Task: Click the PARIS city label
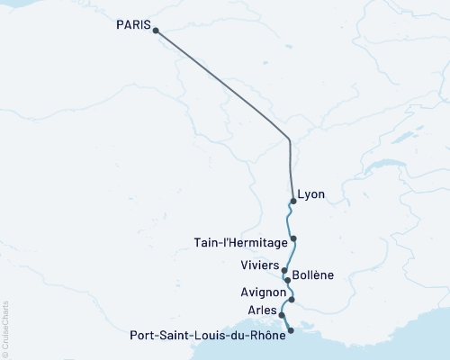click(133, 25)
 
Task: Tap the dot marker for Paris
click(156, 31)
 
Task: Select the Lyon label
click(311, 194)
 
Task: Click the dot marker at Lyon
click(293, 201)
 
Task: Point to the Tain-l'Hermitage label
click(240, 242)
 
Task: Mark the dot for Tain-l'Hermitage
click(293, 238)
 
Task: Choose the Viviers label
click(259, 265)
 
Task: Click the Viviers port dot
click(284, 270)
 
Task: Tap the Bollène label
click(315, 281)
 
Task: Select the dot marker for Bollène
click(287, 280)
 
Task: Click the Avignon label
click(263, 292)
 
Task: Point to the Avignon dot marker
click(292, 299)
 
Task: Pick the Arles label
click(263, 310)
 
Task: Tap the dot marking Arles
click(283, 316)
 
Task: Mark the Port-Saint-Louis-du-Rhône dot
click(290, 331)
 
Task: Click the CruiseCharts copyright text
click(5, 329)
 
